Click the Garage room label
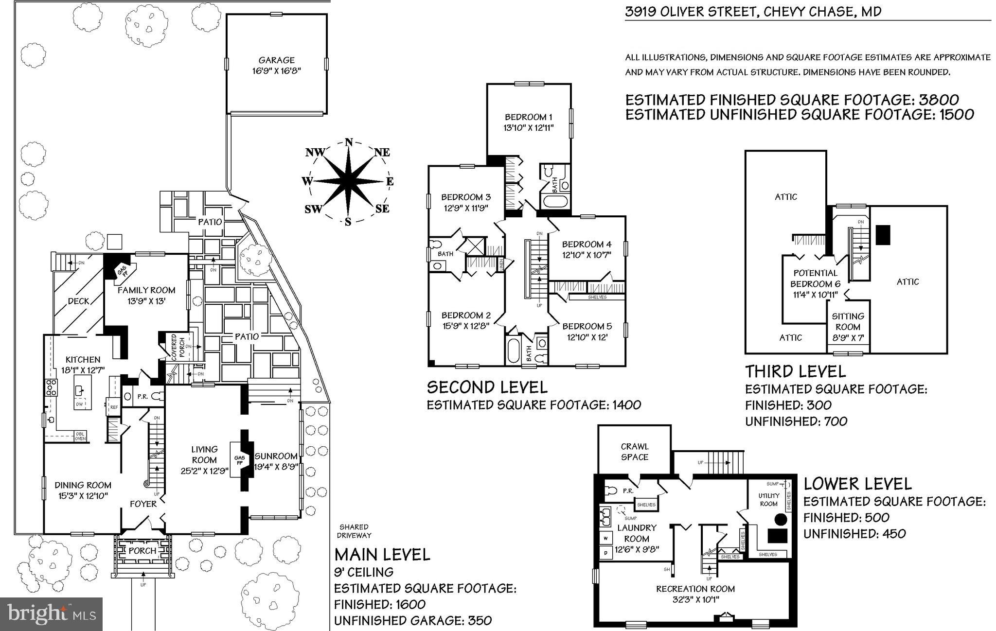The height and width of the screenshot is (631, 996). pos(276,60)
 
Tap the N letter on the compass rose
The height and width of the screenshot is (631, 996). pos(348,142)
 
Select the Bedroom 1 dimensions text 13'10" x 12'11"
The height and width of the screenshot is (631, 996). pos(528,128)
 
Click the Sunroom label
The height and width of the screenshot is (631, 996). pos(276,456)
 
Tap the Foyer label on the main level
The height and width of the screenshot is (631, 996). pos(143,504)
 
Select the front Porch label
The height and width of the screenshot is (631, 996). pos(142,551)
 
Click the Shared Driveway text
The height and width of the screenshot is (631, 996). pos(354,531)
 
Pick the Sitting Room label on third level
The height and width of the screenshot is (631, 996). pos(848,321)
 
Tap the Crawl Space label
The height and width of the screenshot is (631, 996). pos(634,452)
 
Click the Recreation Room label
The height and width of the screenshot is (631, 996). pos(695,589)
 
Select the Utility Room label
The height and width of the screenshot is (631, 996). pos(768,500)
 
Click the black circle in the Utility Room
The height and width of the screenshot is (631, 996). pos(780,519)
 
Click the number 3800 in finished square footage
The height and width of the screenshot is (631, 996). pos(938,100)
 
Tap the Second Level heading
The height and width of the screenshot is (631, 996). pos(487,387)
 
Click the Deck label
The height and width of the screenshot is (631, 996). pos(78,301)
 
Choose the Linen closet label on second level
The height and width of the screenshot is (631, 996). pos(501,264)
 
